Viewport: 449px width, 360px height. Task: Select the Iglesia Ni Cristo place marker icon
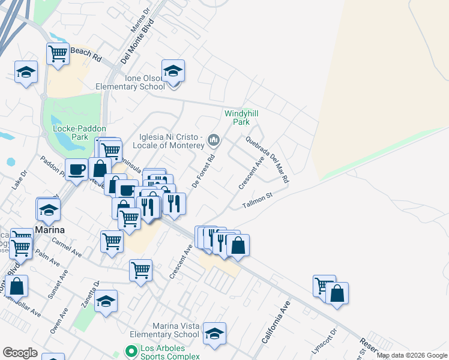pyautogui.click(x=213, y=141)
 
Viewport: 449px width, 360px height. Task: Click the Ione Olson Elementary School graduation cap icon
pyautogui.click(x=173, y=71)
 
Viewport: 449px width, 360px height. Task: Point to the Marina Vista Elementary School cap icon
pyautogui.click(x=214, y=333)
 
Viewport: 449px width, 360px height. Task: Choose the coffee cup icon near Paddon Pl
pyautogui.click(x=76, y=170)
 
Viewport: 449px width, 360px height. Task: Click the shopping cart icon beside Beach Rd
pyautogui.click(x=58, y=53)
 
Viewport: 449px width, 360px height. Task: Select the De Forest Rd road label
pyautogui.click(x=203, y=173)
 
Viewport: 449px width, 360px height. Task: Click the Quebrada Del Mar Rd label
pyautogui.click(x=268, y=159)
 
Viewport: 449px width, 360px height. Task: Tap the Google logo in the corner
pyautogui.click(x=20, y=353)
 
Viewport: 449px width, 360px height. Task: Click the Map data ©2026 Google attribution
pyautogui.click(x=412, y=355)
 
